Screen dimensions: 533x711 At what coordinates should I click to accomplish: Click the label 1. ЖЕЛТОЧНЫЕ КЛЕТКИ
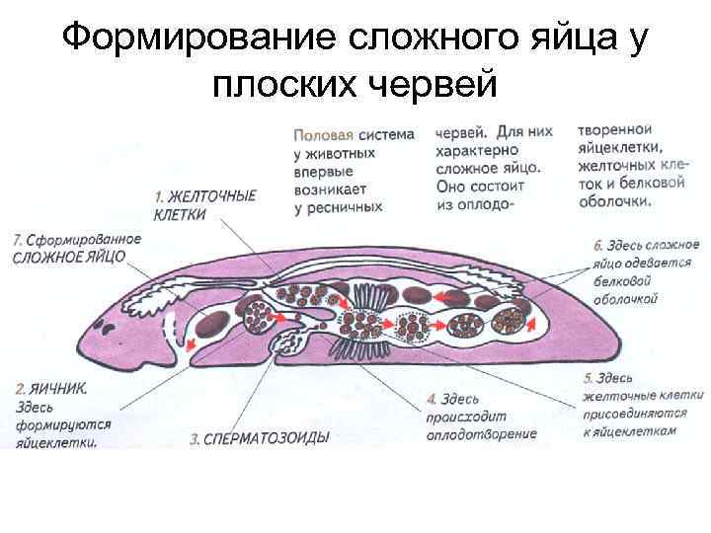[x=202, y=203]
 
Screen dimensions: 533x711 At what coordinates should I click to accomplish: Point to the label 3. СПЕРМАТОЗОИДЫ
[x=259, y=438]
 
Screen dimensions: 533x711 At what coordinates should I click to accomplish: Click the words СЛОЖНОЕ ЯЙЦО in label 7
[x=69, y=256]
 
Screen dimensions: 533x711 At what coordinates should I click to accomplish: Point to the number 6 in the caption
[x=598, y=244]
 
